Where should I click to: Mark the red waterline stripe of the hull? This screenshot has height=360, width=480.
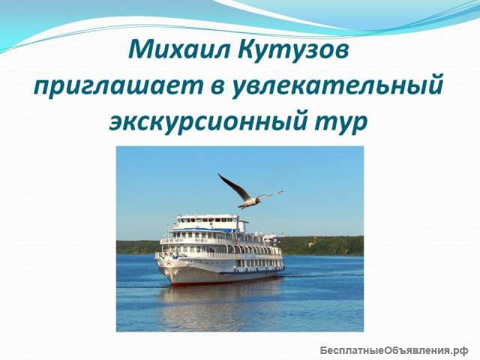pyautogui.click(x=225, y=281)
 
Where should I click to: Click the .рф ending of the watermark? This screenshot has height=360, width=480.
pyautogui.click(x=459, y=350)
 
